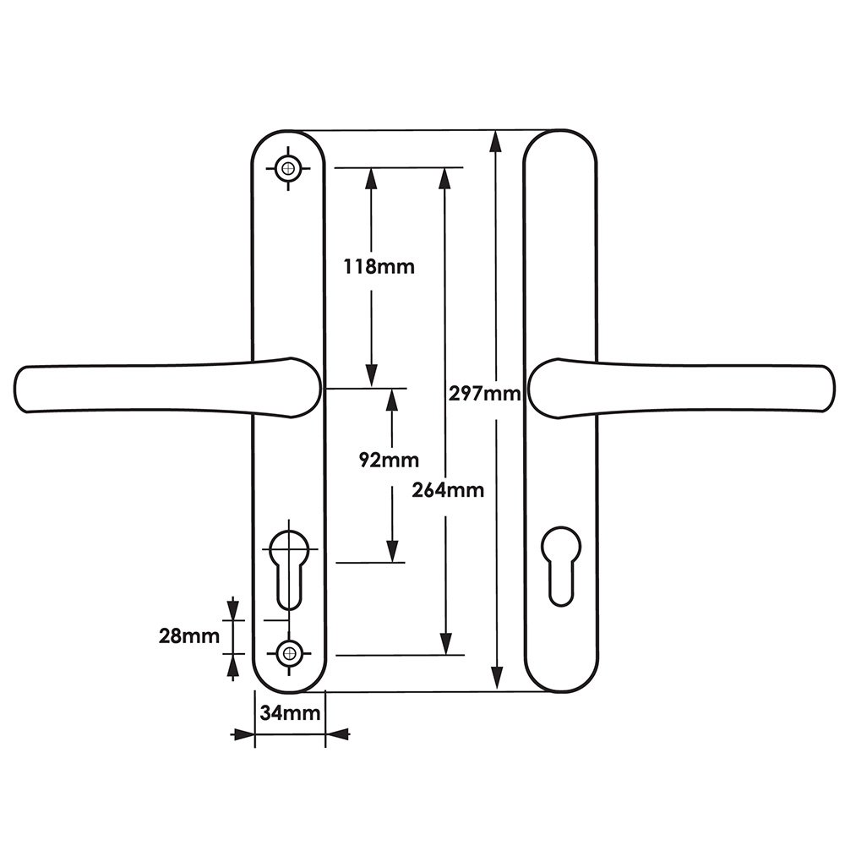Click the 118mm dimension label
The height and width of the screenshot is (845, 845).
point(379,266)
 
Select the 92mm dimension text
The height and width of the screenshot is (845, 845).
point(389,461)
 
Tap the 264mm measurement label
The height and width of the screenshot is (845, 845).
point(448,490)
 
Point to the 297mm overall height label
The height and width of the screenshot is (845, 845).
point(484,394)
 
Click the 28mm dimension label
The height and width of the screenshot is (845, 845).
point(189,636)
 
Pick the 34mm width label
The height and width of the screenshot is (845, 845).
point(290,713)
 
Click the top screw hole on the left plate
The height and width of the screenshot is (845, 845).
point(288,168)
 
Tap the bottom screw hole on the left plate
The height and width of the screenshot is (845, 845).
point(289,654)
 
